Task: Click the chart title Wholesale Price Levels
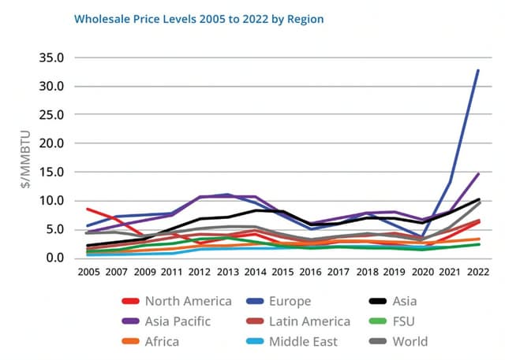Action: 199,17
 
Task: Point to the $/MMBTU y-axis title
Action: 26,158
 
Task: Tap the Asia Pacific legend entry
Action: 178,321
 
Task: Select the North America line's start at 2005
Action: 87,209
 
